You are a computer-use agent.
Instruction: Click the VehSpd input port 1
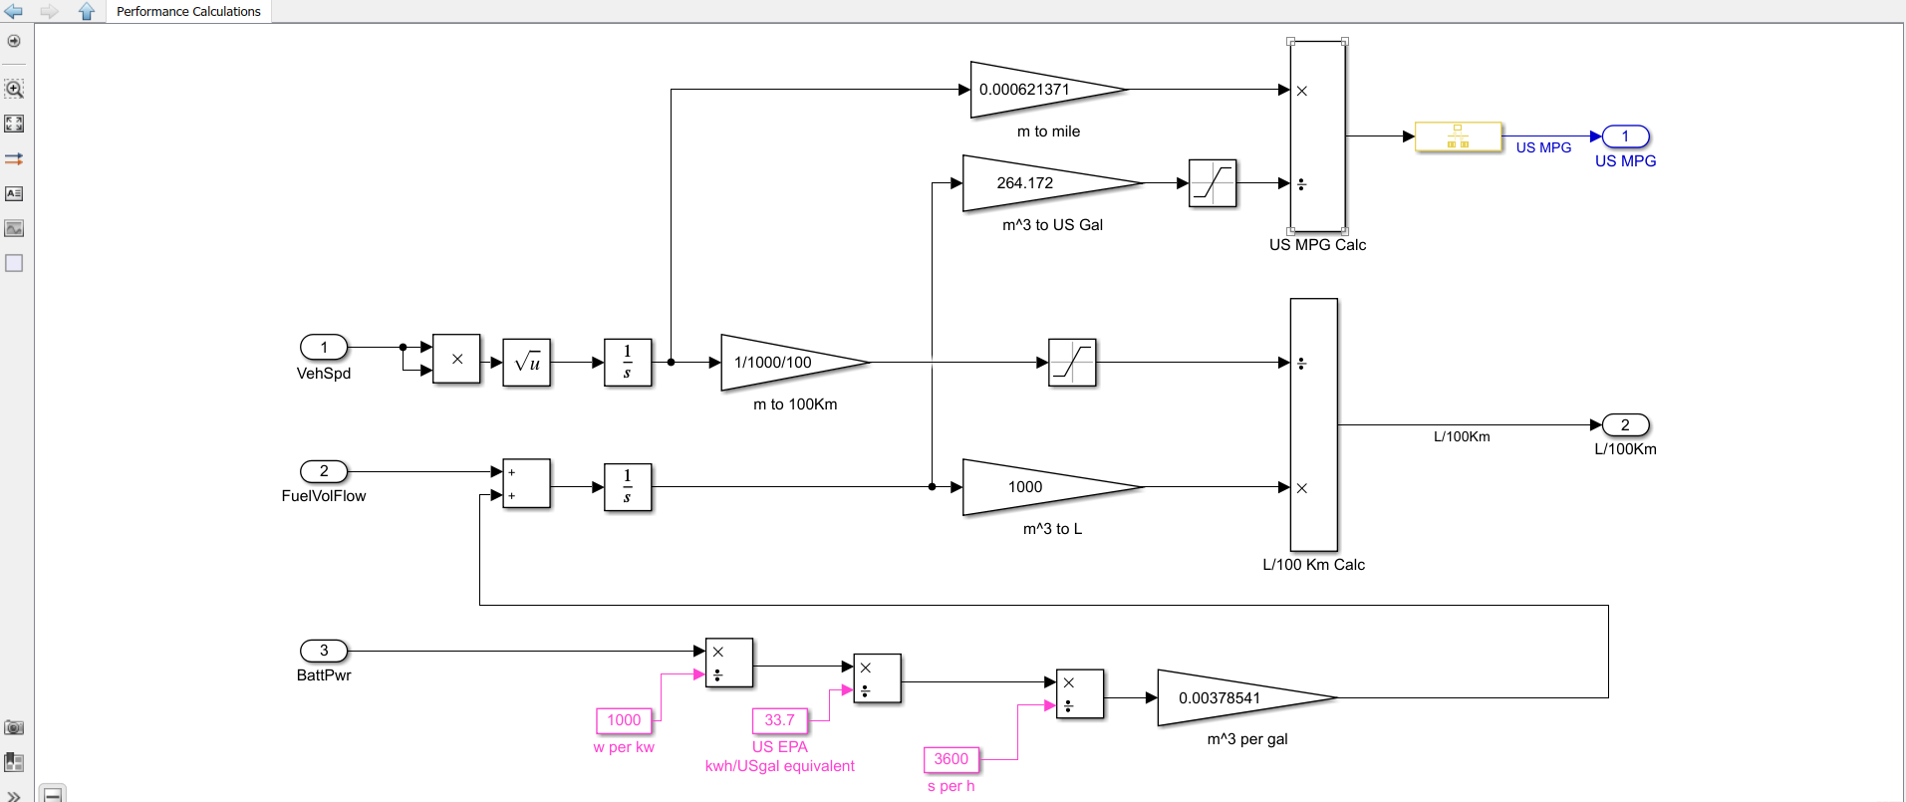tap(324, 347)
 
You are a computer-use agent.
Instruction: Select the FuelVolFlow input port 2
tap(324, 471)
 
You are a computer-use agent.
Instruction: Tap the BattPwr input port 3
tap(324, 651)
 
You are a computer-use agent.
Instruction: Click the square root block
tap(527, 363)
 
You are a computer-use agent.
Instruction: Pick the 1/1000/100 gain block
tap(782, 363)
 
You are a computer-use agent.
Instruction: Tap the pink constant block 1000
tap(624, 720)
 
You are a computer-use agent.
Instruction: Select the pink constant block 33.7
tap(779, 720)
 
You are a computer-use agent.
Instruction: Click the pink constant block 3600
tap(951, 759)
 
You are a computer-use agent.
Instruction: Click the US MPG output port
tap(1625, 136)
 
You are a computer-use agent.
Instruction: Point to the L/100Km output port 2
tap(1625, 425)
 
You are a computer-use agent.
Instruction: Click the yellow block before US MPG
tap(1458, 136)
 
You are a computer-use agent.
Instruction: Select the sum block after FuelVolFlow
tap(526, 484)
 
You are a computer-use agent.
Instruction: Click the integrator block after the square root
tap(628, 363)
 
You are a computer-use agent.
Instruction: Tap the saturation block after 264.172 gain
tap(1213, 183)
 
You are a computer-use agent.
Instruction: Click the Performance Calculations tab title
tap(188, 12)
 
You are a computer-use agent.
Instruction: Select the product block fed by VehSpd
tap(456, 359)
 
